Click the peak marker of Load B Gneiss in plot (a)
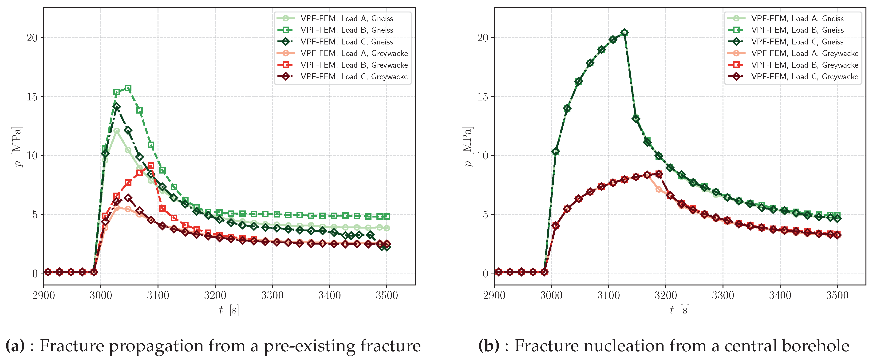pos(128,88)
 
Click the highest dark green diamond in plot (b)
pos(624,32)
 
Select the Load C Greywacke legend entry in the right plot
pos(804,77)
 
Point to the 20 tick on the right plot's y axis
pos(483,38)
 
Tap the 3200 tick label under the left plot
pos(215,296)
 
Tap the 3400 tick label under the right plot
pos(780,296)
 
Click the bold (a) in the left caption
pos(15,346)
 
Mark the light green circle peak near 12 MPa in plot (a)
pos(117,131)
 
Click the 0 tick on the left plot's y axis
pos(35,273)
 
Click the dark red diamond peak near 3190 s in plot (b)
pos(659,174)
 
